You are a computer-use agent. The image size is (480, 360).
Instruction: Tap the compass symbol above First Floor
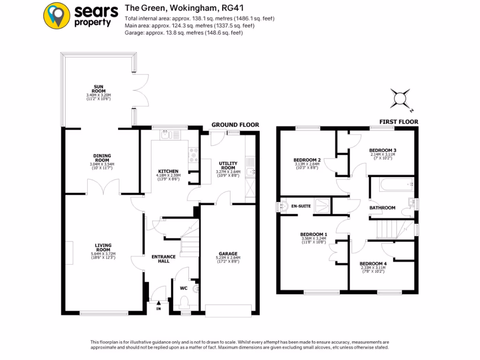[x=400, y=98]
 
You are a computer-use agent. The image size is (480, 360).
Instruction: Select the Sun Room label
[x=98, y=89]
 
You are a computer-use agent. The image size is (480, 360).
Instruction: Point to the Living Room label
[x=103, y=247]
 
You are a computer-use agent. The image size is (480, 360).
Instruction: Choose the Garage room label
[x=230, y=254]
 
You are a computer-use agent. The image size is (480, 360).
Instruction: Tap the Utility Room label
[x=228, y=165]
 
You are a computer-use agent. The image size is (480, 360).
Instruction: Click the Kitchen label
[x=168, y=171]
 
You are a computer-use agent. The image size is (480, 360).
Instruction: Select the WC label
[x=184, y=282]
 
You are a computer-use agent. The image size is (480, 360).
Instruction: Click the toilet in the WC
[x=184, y=300]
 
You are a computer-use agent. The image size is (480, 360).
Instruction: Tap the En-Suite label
[x=300, y=206]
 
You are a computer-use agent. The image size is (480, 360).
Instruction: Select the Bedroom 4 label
[x=373, y=264]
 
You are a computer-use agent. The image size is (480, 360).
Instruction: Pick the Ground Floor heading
[x=235, y=125]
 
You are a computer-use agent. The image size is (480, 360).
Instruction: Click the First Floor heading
[x=398, y=122]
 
